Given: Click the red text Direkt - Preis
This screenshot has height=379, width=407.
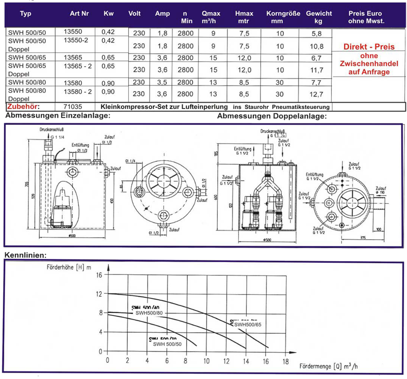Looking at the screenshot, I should pyautogui.click(x=369, y=47).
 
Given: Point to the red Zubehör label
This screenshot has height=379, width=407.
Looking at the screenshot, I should pyautogui.click(x=23, y=107).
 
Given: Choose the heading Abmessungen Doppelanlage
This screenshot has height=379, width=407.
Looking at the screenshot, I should pyautogui.click(x=272, y=117).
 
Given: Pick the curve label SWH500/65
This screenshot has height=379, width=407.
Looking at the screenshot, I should pyautogui.click(x=247, y=324).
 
